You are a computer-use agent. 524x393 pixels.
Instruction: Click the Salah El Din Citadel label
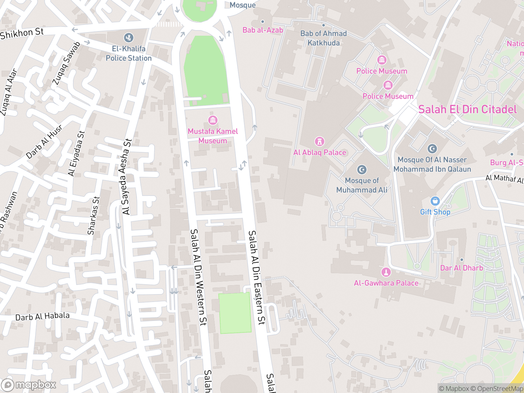(467, 109)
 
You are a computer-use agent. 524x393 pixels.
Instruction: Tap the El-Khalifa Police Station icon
(128, 38)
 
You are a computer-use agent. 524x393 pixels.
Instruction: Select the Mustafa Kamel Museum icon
(213, 120)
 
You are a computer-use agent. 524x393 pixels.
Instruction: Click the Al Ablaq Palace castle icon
(319, 141)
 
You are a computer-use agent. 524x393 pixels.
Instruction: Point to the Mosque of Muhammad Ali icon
(362, 170)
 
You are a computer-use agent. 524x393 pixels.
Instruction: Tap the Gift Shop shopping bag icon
(435, 201)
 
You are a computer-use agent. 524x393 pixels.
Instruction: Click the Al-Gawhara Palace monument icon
(386, 272)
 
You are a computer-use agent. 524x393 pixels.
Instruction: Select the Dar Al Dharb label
(461, 268)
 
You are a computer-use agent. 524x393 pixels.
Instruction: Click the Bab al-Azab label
(263, 30)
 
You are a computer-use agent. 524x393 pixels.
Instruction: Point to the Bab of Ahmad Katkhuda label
(324, 38)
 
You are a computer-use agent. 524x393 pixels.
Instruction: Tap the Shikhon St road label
(22, 33)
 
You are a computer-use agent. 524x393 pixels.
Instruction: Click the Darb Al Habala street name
(43, 316)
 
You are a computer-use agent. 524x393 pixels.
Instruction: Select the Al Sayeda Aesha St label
(127, 177)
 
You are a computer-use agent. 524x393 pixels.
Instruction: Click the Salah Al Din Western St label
(198, 277)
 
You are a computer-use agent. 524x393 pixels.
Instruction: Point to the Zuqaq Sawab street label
(66, 63)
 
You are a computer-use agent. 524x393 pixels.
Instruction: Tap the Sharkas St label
(93, 215)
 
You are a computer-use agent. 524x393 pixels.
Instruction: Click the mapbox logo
(29, 385)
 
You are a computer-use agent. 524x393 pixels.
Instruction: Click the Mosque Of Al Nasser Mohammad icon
(432, 149)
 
